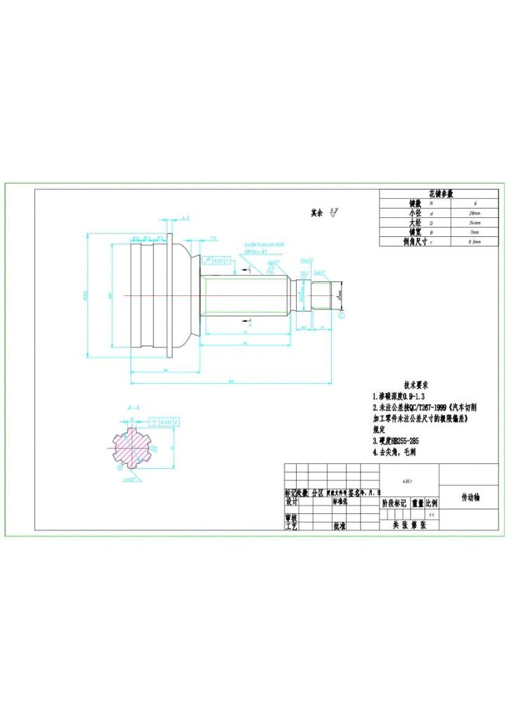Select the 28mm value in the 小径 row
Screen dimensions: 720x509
(475, 212)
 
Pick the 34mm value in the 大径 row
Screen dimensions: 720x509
(475, 221)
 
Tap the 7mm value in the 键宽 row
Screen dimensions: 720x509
(475, 231)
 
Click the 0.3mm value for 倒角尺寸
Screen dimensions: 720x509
(475, 241)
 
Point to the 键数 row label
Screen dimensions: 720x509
(395, 202)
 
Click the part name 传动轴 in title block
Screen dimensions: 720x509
(470, 496)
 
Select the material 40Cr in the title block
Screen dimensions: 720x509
(407, 482)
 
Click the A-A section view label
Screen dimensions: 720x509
(133, 407)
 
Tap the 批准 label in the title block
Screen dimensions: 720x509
(339, 525)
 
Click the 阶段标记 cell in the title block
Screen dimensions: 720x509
(394, 503)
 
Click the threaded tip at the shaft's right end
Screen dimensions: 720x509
(323, 295)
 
